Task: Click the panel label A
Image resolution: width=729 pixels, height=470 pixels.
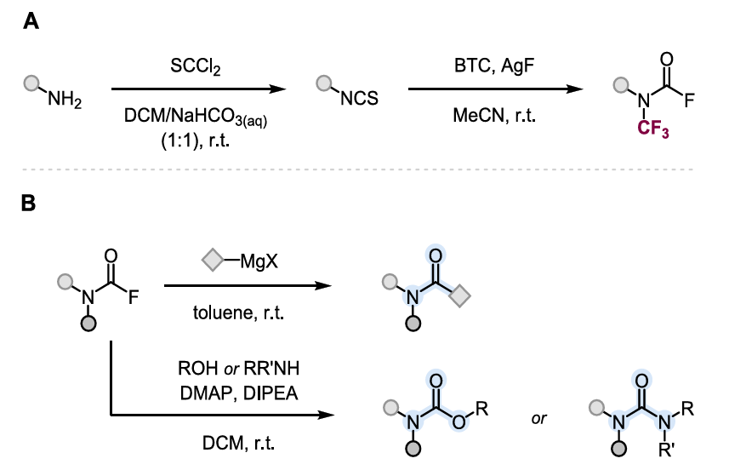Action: tap(31, 21)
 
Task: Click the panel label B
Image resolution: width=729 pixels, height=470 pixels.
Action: tap(29, 203)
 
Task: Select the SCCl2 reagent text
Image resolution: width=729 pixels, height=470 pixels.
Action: tap(196, 66)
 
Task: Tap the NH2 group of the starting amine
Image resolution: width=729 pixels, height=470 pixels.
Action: tap(65, 99)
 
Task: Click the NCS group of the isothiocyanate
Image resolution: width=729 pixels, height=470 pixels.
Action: tap(359, 98)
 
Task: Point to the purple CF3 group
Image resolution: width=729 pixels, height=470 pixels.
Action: tap(652, 128)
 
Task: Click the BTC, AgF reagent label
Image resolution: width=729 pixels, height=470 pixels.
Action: tap(493, 66)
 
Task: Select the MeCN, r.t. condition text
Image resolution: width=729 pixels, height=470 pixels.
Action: tap(494, 115)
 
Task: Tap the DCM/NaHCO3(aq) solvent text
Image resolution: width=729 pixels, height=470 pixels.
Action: tap(196, 117)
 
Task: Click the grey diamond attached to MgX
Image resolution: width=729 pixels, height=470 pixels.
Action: tap(213, 261)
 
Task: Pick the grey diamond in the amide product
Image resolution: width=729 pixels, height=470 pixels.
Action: tap(460, 296)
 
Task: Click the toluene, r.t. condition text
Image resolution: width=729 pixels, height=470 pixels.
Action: tap(238, 312)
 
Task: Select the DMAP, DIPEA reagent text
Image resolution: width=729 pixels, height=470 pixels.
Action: tap(238, 393)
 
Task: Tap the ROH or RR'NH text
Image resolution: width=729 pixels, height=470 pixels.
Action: tap(238, 369)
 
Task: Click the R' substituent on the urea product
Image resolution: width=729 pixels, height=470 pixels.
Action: tap(667, 450)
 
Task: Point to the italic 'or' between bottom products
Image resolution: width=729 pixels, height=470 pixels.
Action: tap(538, 418)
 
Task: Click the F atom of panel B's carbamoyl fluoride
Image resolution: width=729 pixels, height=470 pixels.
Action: tap(134, 297)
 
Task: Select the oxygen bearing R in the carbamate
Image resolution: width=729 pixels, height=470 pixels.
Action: tap(458, 422)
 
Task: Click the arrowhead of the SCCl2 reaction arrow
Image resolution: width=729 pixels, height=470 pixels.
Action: tap(278, 89)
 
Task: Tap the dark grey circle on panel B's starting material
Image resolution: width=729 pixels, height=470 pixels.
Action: tap(88, 323)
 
